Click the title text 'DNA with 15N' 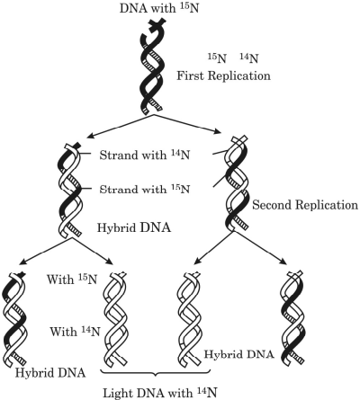[x=159, y=8]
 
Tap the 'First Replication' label [x=223, y=76]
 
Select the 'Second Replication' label [x=305, y=205]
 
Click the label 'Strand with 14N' [x=145, y=155]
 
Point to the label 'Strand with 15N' [x=145, y=189]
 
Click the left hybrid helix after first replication [x=70, y=191]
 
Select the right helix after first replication [x=237, y=183]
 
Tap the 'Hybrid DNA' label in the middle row [x=134, y=227]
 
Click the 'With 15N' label [x=72, y=280]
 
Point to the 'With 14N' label [x=75, y=332]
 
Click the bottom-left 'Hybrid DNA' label [x=50, y=373]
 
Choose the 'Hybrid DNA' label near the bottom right [x=239, y=354]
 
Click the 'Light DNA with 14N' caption [x=160, y=393]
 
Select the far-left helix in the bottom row [x=14, y=318]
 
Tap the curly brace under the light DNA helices [x=155, y=373]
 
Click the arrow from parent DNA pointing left [x=120, y=126]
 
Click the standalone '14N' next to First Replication [x=249, y=58]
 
